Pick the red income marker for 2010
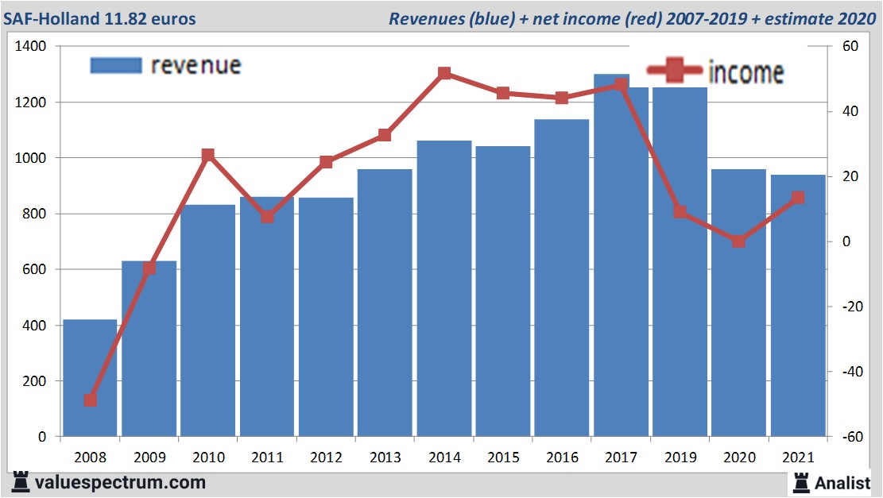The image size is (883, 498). pyautogui.click(x=208, y=155)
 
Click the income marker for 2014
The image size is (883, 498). pyautogui.click(x=444, y=74)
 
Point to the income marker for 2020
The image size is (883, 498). pyautogui.click(x=739, y=241)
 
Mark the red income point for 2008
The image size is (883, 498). pyautogui.click(x=91, y=400)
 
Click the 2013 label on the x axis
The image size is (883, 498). pyautogui.click(x=385, y=457)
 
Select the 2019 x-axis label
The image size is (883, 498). pyautogui.click(x=680, y=457)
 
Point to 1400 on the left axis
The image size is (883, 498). pyautogui.click(x=31, y=47)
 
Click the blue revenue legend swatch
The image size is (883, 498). pyautogui.click(x=116, y=65)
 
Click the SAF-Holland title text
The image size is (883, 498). pyautogui.click(x=100, y=18)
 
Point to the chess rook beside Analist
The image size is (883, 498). pyautogui.click(x=801, y=482)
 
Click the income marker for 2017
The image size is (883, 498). pyautogui.click(x=622, y=86)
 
